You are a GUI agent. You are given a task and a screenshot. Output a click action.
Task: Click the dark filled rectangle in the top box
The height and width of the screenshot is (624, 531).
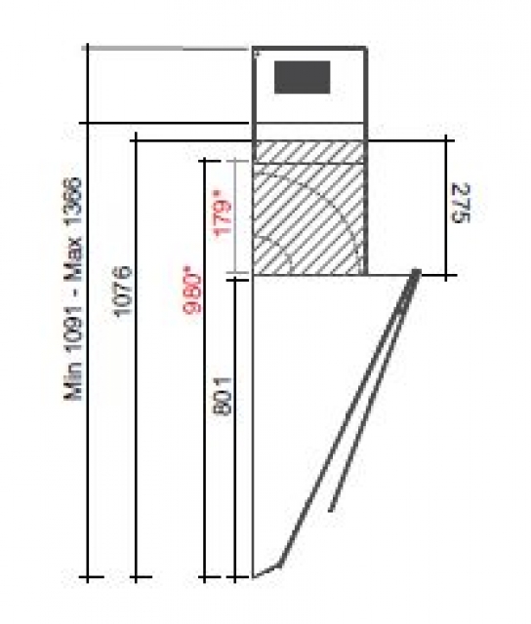pyautogui.click(x=302, y=77)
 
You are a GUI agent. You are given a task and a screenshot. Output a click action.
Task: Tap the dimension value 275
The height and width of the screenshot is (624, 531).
pyautogui.click(x=461, y=204)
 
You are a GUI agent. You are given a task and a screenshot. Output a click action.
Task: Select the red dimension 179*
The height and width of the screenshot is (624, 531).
pyautogui.click(x=224, y=215)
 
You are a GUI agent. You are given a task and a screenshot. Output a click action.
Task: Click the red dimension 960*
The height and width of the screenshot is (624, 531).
pyautogui.click(x=192, y=291)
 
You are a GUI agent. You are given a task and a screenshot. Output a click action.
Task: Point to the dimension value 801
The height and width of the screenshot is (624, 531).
pyautogui.click(x=223, y=397)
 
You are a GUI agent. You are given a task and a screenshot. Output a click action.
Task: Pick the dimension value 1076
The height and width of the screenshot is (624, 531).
pyautogui.click(x=123, y=291)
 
